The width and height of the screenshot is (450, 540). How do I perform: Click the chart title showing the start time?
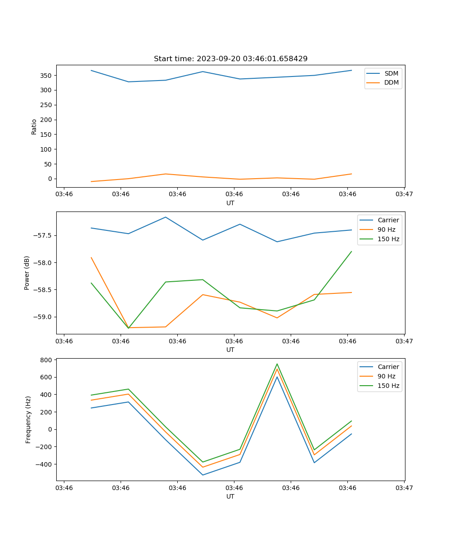tap(230, 59)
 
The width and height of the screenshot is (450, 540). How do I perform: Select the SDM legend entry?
tap(391, 73)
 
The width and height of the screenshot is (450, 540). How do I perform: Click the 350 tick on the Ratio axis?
tap(45, 76)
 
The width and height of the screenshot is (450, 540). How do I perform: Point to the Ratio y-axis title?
tap(34, 126)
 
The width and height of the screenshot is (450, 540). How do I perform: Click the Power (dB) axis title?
tap(27, 273)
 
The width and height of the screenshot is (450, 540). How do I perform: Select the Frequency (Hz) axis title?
tap(28, 419)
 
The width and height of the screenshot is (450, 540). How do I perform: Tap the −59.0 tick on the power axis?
tap(43, 317)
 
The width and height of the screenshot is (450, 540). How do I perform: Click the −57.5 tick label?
tap(43, 235)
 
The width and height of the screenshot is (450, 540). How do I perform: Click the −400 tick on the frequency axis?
tap(45, 464)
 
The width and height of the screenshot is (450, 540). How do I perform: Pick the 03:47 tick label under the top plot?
tap(404, 194)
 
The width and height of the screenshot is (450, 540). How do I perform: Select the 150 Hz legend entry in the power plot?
tap(388, 239)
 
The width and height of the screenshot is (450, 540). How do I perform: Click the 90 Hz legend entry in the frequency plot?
tap(387, 376)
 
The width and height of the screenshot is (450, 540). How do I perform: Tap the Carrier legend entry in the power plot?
tap(388, 220)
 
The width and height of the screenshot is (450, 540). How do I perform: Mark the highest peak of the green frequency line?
tap(277, 364)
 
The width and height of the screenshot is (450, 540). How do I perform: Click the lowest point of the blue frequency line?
tap(202, 475)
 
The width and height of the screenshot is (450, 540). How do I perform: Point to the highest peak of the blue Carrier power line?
tap(166, 217)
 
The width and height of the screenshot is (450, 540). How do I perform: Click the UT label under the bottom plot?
tap(230, 496)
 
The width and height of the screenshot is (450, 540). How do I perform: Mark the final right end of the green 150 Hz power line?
tap(351, 252)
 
